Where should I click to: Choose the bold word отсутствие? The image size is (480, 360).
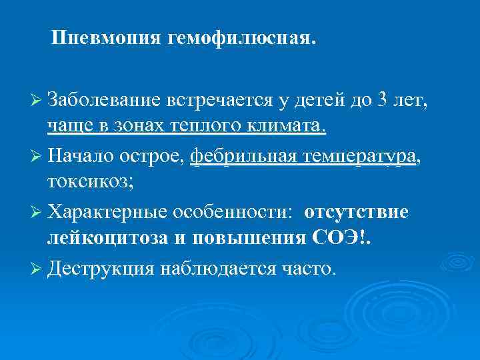[356, 212]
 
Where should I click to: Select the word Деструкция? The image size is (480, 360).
[100, 268]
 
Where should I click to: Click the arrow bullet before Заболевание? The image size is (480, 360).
[36, 101]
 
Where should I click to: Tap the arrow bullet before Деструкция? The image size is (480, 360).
[36, 269]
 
